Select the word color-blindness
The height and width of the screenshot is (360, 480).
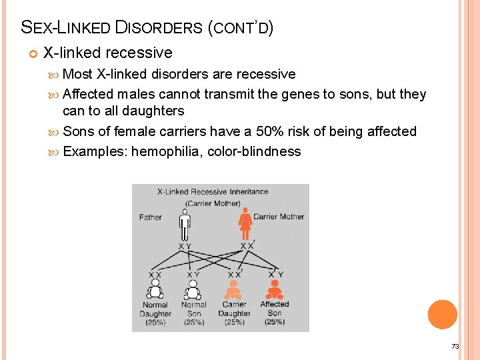click(254, 151)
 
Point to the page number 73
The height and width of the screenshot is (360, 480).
click(455, 346)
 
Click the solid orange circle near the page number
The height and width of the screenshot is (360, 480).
click(443, 315)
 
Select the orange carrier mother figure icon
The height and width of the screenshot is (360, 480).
click(245, 224)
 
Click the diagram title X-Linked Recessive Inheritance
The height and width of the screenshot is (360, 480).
click(213, 192)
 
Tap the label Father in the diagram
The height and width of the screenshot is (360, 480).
click(151, 217)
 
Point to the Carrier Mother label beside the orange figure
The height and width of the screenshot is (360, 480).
click(278, 217)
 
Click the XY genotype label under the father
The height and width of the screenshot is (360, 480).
click(185, 247)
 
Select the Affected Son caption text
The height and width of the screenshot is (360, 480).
click(275, 309)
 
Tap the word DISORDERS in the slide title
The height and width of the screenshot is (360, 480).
click(159, 28)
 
